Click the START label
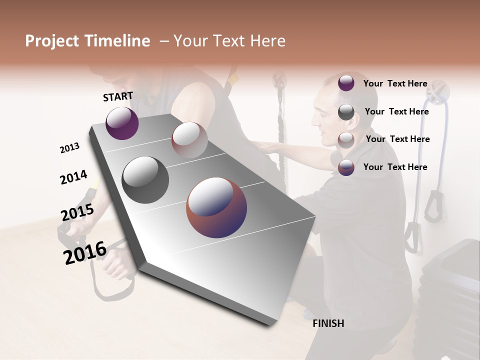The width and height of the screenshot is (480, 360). pos(118,96)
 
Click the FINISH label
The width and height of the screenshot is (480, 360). pos(328,323)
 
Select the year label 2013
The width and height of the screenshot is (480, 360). pos(69,148)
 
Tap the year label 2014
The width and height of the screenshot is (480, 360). pos(73,177)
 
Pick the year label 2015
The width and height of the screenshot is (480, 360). pos(77,212)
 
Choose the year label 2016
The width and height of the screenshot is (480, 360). pos(85,252)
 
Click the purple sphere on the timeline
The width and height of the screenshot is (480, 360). pos(122,123)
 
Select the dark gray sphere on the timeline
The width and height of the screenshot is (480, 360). pos(145,179)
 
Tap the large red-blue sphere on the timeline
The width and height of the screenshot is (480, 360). pos(216,207)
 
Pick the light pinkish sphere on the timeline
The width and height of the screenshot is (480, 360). pos(189,139)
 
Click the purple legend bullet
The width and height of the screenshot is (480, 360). pos(346,83)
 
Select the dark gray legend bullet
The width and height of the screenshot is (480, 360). pos(346,111)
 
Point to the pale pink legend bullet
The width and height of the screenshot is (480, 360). pos(346,139)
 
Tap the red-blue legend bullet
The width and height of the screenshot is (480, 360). pos(346,167)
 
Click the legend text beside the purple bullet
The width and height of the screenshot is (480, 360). pos(395,83)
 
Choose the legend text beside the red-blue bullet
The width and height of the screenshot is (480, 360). pos(395,167)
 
